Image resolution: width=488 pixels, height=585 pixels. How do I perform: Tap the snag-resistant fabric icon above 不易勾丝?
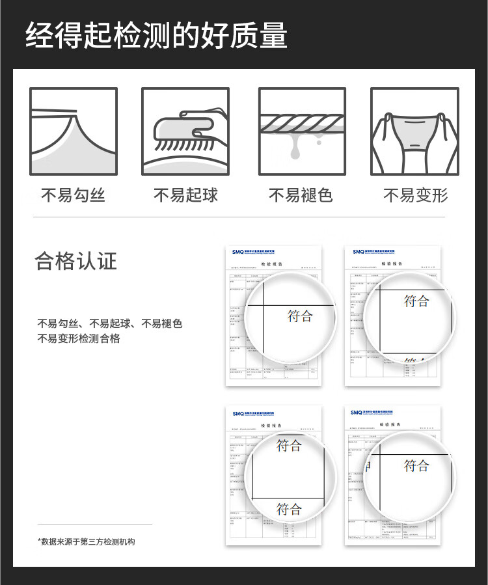coord(74,132)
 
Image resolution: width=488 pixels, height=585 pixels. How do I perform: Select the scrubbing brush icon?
coord(185,132)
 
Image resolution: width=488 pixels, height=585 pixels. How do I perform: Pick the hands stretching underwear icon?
coord(414,132)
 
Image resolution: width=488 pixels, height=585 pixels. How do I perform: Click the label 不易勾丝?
coord(73,195)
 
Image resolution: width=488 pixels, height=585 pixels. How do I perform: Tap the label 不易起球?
coord(185,195)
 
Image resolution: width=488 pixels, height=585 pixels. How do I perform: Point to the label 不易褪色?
coord(301,195)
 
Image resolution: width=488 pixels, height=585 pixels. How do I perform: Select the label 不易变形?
coord(415,195)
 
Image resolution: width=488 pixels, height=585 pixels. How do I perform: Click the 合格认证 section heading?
coord(76,261)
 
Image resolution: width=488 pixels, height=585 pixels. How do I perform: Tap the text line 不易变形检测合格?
coord(79,338)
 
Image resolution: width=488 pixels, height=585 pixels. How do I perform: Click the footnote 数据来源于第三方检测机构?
coord(86,541)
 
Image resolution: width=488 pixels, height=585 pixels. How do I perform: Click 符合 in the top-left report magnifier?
coord(300,316)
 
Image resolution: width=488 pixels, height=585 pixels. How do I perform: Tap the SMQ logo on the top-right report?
coord(359,252)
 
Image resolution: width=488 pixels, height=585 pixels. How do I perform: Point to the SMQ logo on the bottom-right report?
coord(357,413)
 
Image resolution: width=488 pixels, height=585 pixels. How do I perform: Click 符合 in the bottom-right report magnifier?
coord(416,466)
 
